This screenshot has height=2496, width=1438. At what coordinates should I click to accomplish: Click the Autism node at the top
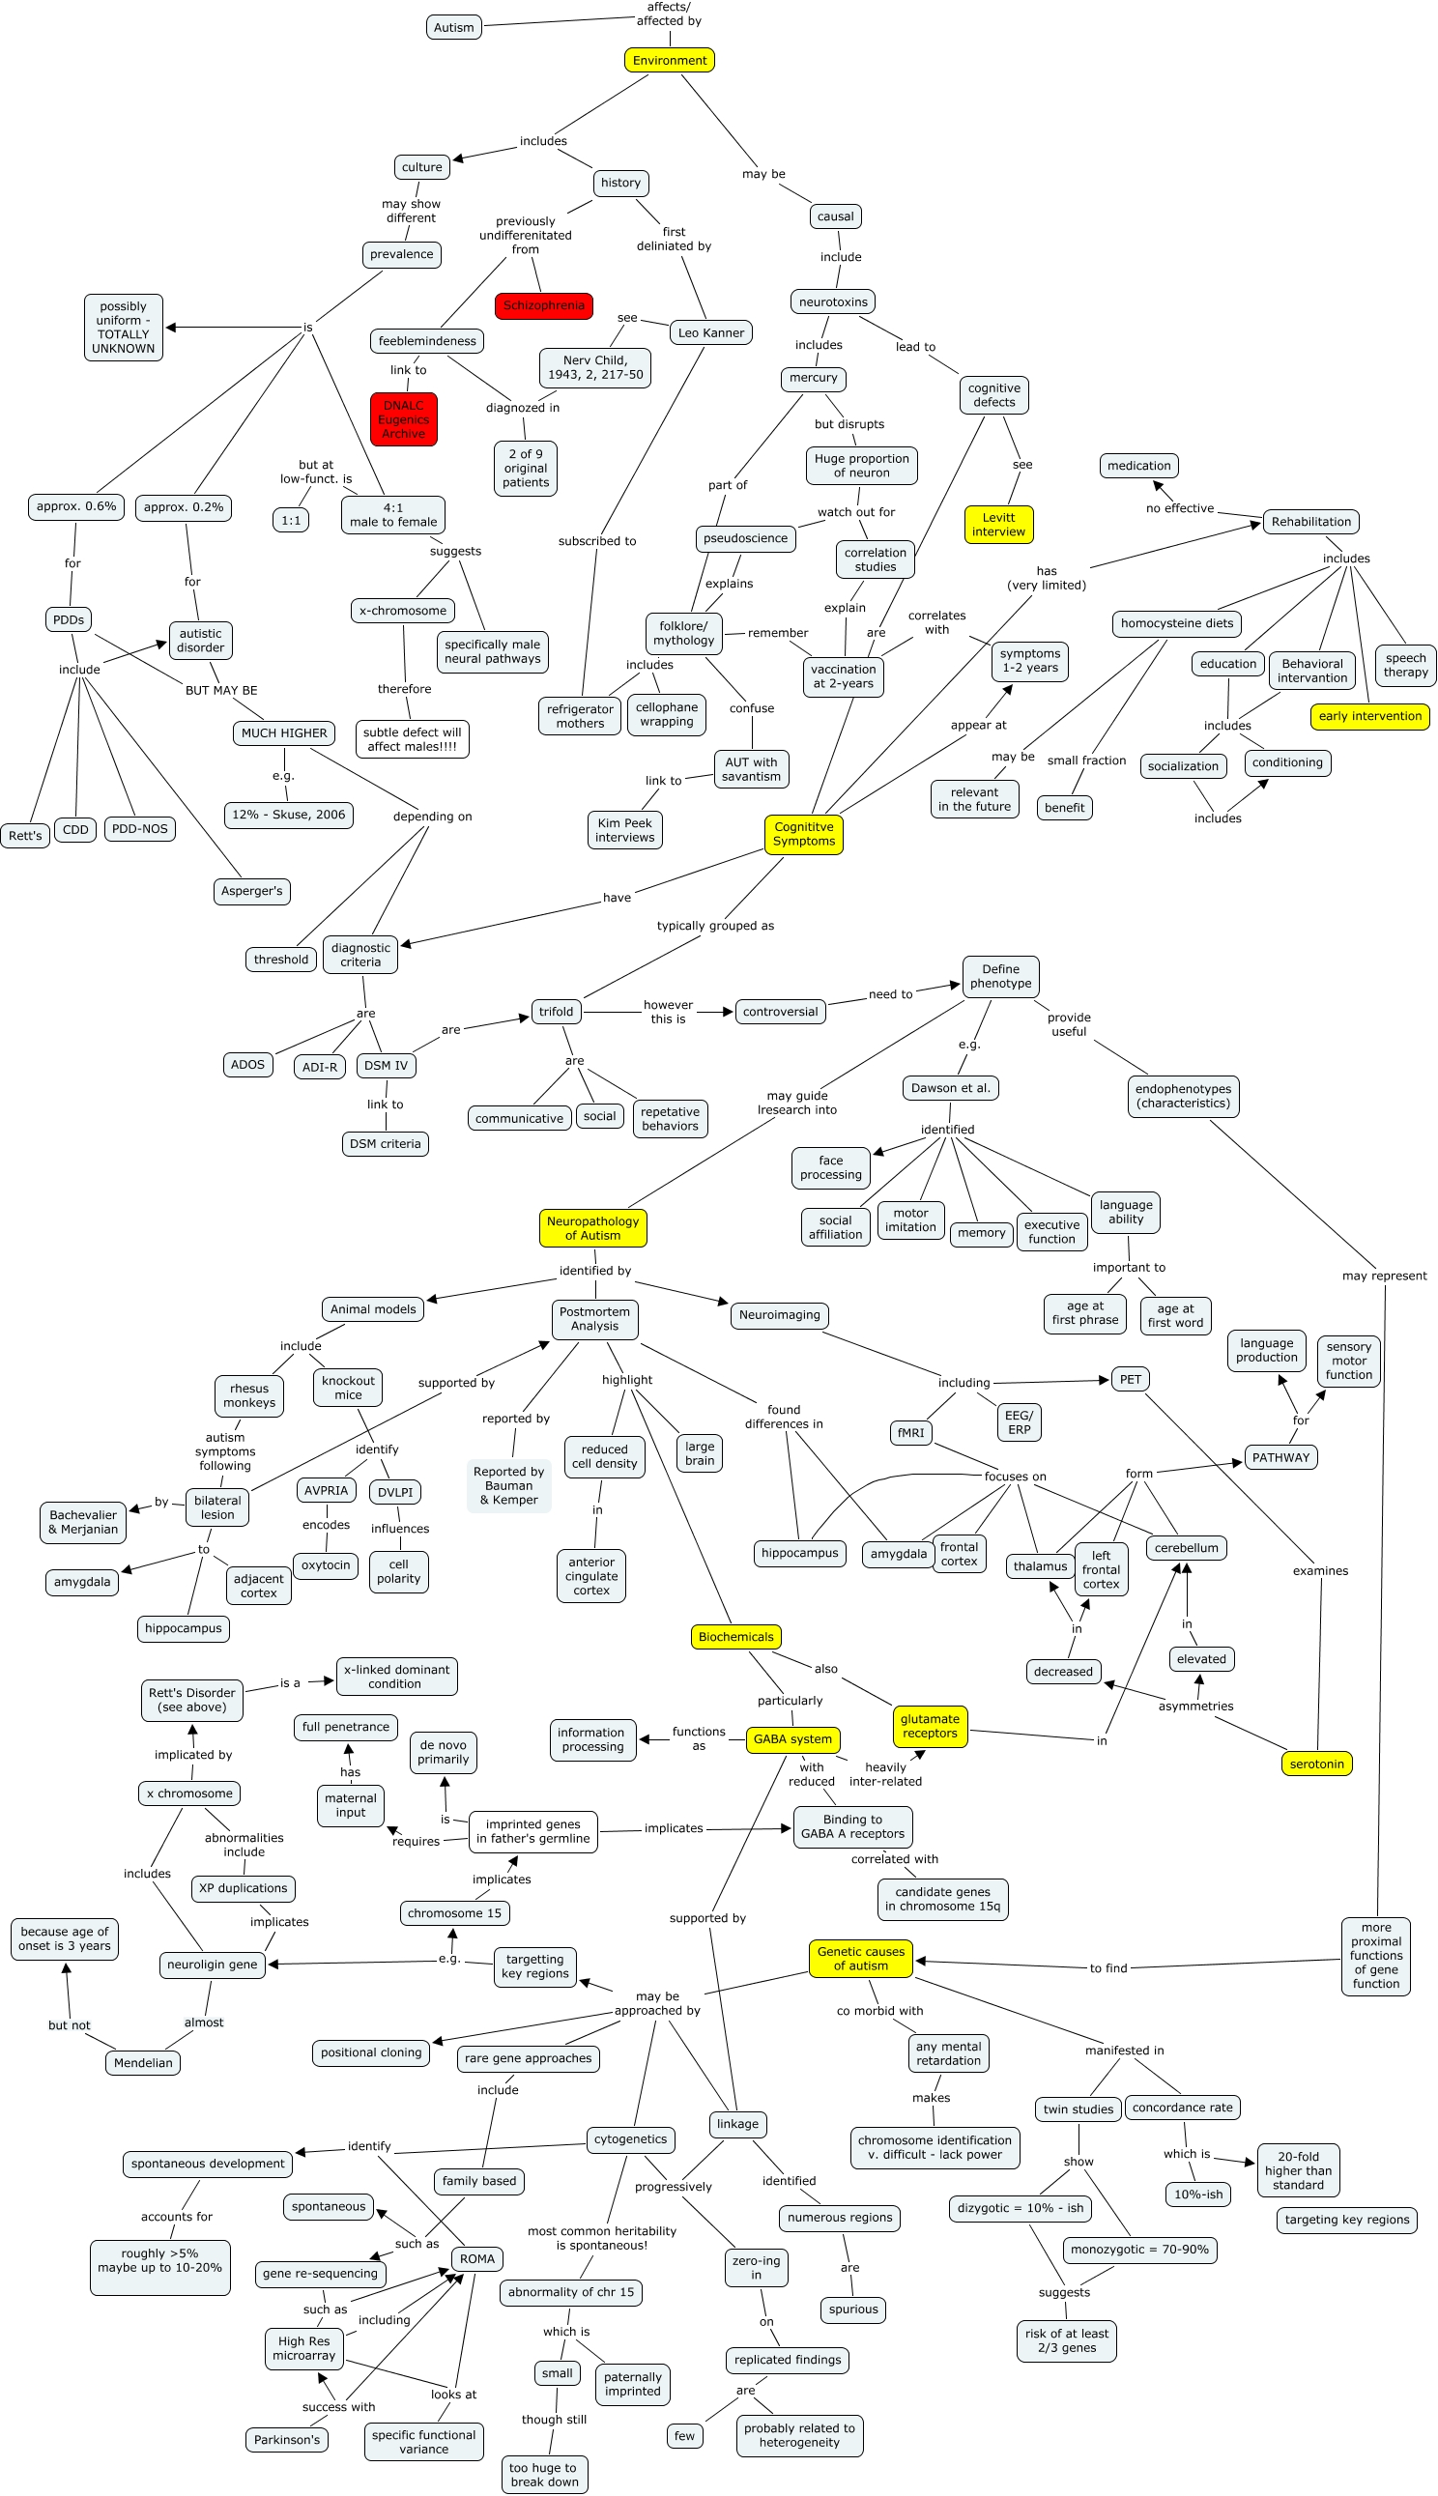(453, 28)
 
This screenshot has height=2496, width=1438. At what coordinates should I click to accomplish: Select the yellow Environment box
(669, 60)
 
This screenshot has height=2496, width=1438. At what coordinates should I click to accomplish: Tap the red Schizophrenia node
(543, 305)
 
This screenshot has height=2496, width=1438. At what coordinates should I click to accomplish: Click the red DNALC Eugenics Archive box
(403, 419)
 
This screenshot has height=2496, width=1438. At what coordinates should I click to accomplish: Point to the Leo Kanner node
(710, 332)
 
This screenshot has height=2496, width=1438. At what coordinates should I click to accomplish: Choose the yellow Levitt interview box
(997, 525)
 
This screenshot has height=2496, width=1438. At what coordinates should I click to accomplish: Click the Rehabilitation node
(1310, 521)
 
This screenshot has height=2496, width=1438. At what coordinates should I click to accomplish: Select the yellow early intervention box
(1368, 716)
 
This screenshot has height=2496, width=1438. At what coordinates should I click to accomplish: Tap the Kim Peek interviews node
(624, 830)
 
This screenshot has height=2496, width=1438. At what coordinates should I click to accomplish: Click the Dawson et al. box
(949, 1088)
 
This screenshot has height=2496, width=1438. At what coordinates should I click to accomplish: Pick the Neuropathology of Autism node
(592, 1228)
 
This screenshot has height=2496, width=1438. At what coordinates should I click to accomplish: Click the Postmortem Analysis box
(593, 1319)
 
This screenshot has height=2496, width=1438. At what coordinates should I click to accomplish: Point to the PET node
(1130, 1379)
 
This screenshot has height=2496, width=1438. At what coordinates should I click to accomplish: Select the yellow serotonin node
(1315, 1764)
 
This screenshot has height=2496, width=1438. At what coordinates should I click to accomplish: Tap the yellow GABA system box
(792, 1738)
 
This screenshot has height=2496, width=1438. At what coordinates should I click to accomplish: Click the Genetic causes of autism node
(860, 1958)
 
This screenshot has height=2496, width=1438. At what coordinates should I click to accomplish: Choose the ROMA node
(476, 2258)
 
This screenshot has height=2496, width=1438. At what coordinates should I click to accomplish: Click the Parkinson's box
(286, 2439)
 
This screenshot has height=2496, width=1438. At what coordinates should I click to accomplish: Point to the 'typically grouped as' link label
(715, 925)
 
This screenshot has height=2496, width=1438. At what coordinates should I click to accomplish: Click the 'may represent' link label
(1384, 1276)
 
